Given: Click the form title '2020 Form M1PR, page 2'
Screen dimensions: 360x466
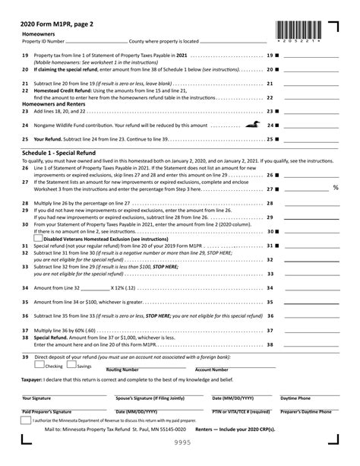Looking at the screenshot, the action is (x=63, y=23).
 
